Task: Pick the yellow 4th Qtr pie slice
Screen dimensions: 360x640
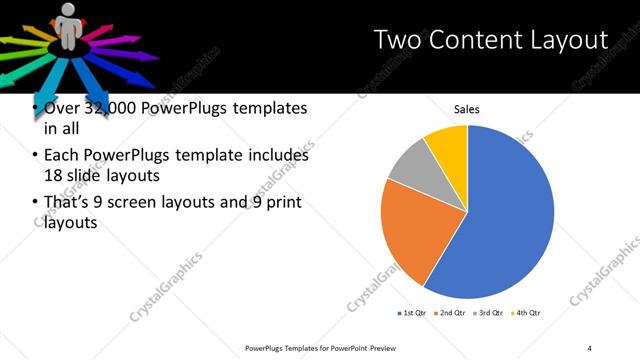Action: tap(448, 145)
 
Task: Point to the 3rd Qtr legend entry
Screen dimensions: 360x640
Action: tap(490, 313)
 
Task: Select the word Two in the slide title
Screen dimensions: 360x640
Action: tap(396, 40)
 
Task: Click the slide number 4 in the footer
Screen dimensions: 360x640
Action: tap(590, 348)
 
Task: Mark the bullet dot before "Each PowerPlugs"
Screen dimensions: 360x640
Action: tap(36, 156)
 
